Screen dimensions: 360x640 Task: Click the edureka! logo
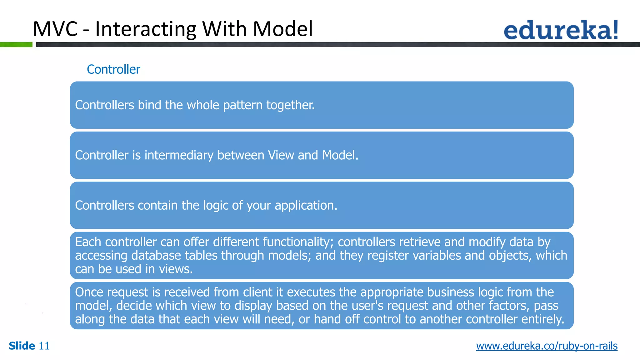[561, 30]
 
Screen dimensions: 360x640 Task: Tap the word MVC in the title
[55, 29]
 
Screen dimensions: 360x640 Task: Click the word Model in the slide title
[282, 29]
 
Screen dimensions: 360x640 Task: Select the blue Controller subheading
[113, 69]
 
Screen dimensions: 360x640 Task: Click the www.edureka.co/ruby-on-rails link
[547, 346]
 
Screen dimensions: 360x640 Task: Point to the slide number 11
[44, 346]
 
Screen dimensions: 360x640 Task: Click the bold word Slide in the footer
[22, 346]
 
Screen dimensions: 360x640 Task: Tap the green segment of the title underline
[16, 45]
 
